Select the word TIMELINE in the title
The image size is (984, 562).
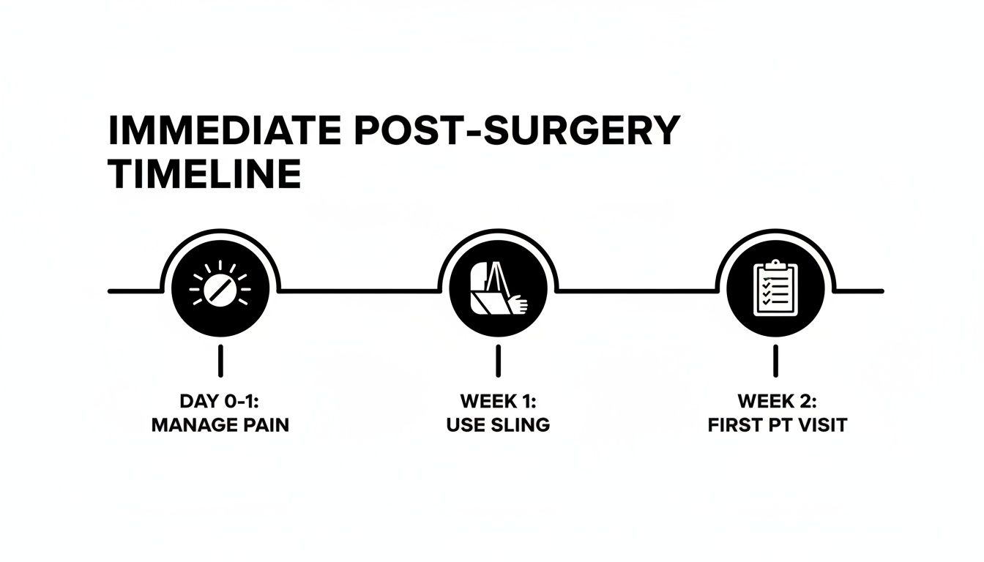tap(204, 175)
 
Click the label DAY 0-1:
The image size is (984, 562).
tap(220, 401)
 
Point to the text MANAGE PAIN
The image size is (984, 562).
tap(220, 425)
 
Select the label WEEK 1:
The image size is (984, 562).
tap(498, 401)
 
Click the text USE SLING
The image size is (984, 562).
tap(498, 425)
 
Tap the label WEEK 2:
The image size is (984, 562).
tap(776, 401)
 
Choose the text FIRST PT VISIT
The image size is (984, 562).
tap(777, 425)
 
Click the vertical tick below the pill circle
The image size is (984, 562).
tap(220, 361)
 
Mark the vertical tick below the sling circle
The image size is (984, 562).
tap(498, 361)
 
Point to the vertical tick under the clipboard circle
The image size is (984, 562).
tap(776, 361)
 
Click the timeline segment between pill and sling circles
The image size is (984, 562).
tap(359, 291)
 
